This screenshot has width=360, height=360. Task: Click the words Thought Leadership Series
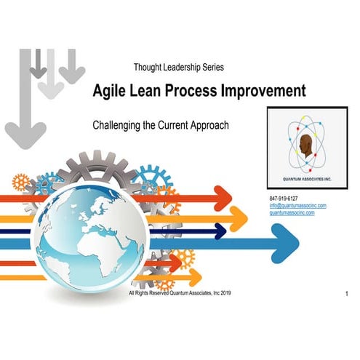[178, 67]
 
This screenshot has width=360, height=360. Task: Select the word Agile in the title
[109, 91]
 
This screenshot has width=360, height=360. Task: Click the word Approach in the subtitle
[207, 125]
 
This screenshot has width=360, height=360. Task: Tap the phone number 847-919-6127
[284, 198]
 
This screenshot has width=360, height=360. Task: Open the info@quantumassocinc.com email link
[297, 205]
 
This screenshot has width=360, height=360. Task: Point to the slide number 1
[348, 293]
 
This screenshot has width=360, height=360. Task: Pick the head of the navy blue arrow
[217, 232]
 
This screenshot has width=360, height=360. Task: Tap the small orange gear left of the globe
[22, 182]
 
